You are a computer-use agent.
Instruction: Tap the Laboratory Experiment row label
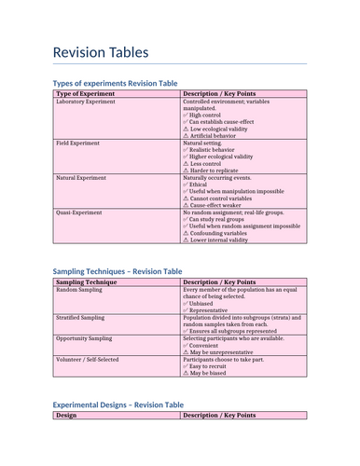(x=86, y=102)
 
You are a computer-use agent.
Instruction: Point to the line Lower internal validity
(x=225, y=240)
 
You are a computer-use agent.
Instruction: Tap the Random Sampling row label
(x=80, y=290)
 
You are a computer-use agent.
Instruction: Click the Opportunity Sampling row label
(x=84, y=338)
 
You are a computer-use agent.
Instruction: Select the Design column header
(x=66, y=416)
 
